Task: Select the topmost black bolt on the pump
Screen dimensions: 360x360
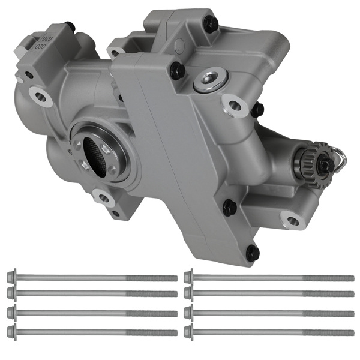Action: pos(211,24)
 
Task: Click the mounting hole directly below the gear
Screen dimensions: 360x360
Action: pos(293,221)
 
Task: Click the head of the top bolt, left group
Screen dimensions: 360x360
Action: pos(11,278)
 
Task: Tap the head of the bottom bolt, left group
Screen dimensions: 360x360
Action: pos(11,331)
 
